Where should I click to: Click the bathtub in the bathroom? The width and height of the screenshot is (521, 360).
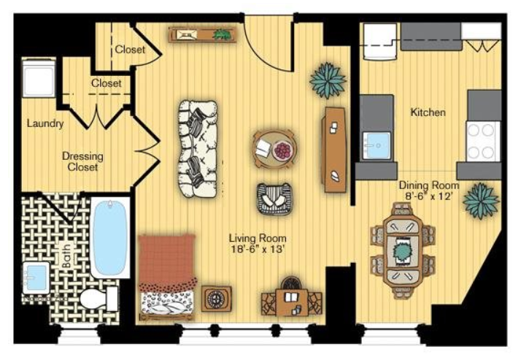(x=110, y=237)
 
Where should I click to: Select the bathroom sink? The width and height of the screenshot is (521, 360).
(x=36, y=278)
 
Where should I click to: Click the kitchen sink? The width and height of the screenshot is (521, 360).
(x=377, y=146)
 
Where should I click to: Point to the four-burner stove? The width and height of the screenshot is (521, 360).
(x=483, y=141)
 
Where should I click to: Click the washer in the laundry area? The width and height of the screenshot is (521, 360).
(x=39, y=77)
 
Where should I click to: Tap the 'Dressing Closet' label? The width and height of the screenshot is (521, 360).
(x=82, y=161)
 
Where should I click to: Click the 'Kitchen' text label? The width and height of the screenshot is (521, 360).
(x=428, y=112)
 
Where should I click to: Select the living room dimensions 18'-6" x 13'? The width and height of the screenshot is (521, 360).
(x=258, y=249)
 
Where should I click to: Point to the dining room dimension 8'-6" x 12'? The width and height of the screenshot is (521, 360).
(x=429, y=196)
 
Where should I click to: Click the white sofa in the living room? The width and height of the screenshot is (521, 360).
(x=198, y=149)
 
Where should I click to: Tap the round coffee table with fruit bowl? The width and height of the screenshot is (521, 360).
(x=274, y=149)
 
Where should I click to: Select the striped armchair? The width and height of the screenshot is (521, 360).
(x=274, y=199)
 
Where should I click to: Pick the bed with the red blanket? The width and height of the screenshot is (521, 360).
(x=167, y=277)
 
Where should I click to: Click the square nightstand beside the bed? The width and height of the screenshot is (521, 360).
(x=217, y=299)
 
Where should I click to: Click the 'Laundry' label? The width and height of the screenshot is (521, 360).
(x=45, y=123)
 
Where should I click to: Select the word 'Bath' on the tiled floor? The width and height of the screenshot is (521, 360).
(x=66, y=256)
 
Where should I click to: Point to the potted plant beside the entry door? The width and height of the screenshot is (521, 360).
(x=328, y=80)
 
